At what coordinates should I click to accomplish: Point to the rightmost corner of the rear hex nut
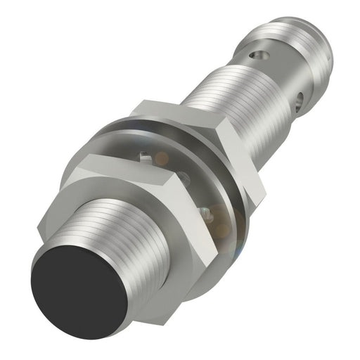pos(265,186)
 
